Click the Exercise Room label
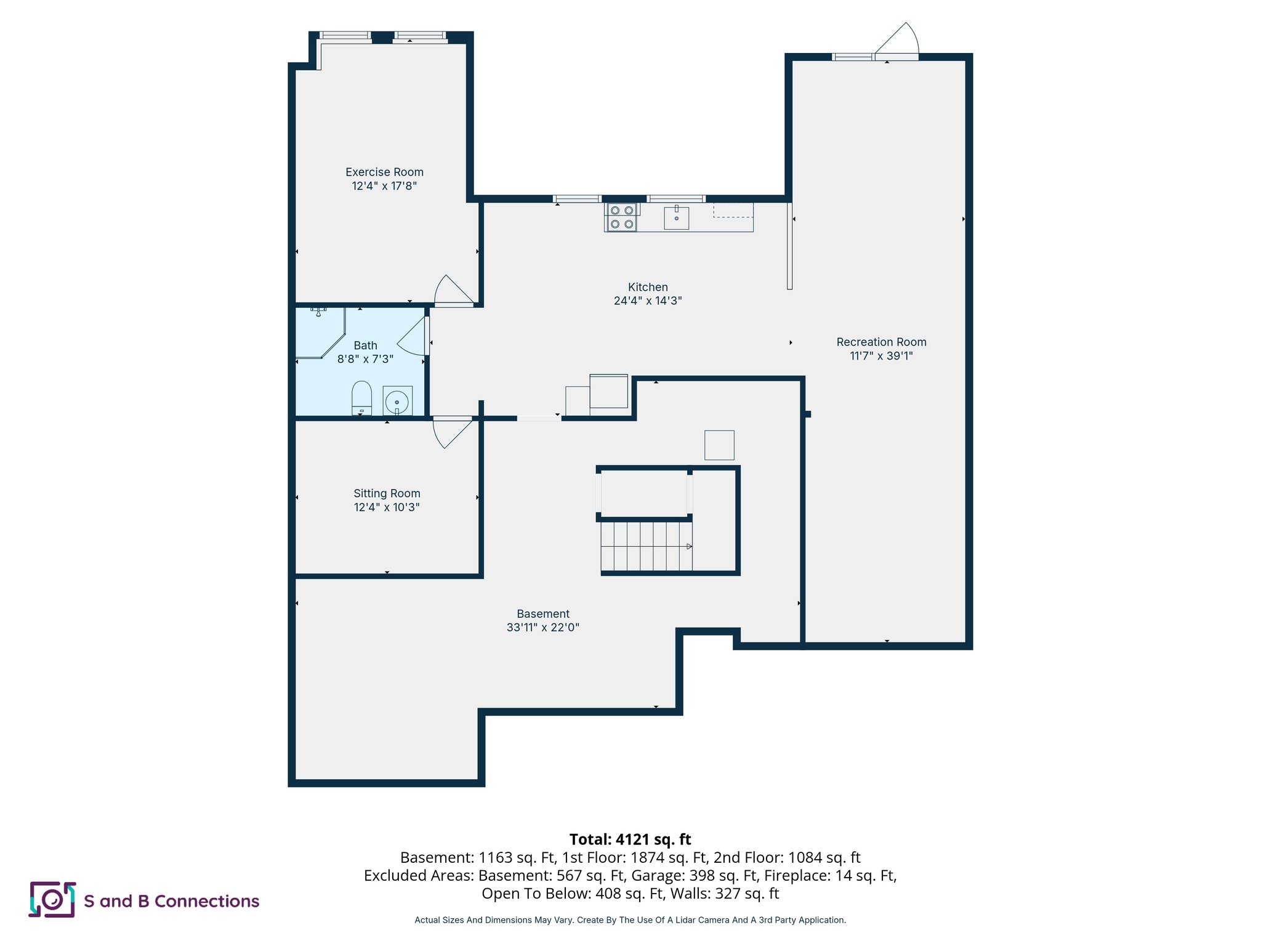click(384, 172)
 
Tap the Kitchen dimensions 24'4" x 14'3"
click(648, 301)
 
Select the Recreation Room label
click(881, 342)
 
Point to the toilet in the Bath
click(361, 398)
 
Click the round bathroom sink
click(397, 402)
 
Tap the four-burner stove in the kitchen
click(621, 217)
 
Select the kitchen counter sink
click(676, 217)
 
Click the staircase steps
click(647, 546)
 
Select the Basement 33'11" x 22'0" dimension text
click(543, 628)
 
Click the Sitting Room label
click(387, 493)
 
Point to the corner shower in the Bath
click(319, 333)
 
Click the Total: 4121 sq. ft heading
click(630, 839)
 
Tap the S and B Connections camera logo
click(52, 900)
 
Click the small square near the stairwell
click(719, 445)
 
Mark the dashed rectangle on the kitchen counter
click(733, 210)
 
